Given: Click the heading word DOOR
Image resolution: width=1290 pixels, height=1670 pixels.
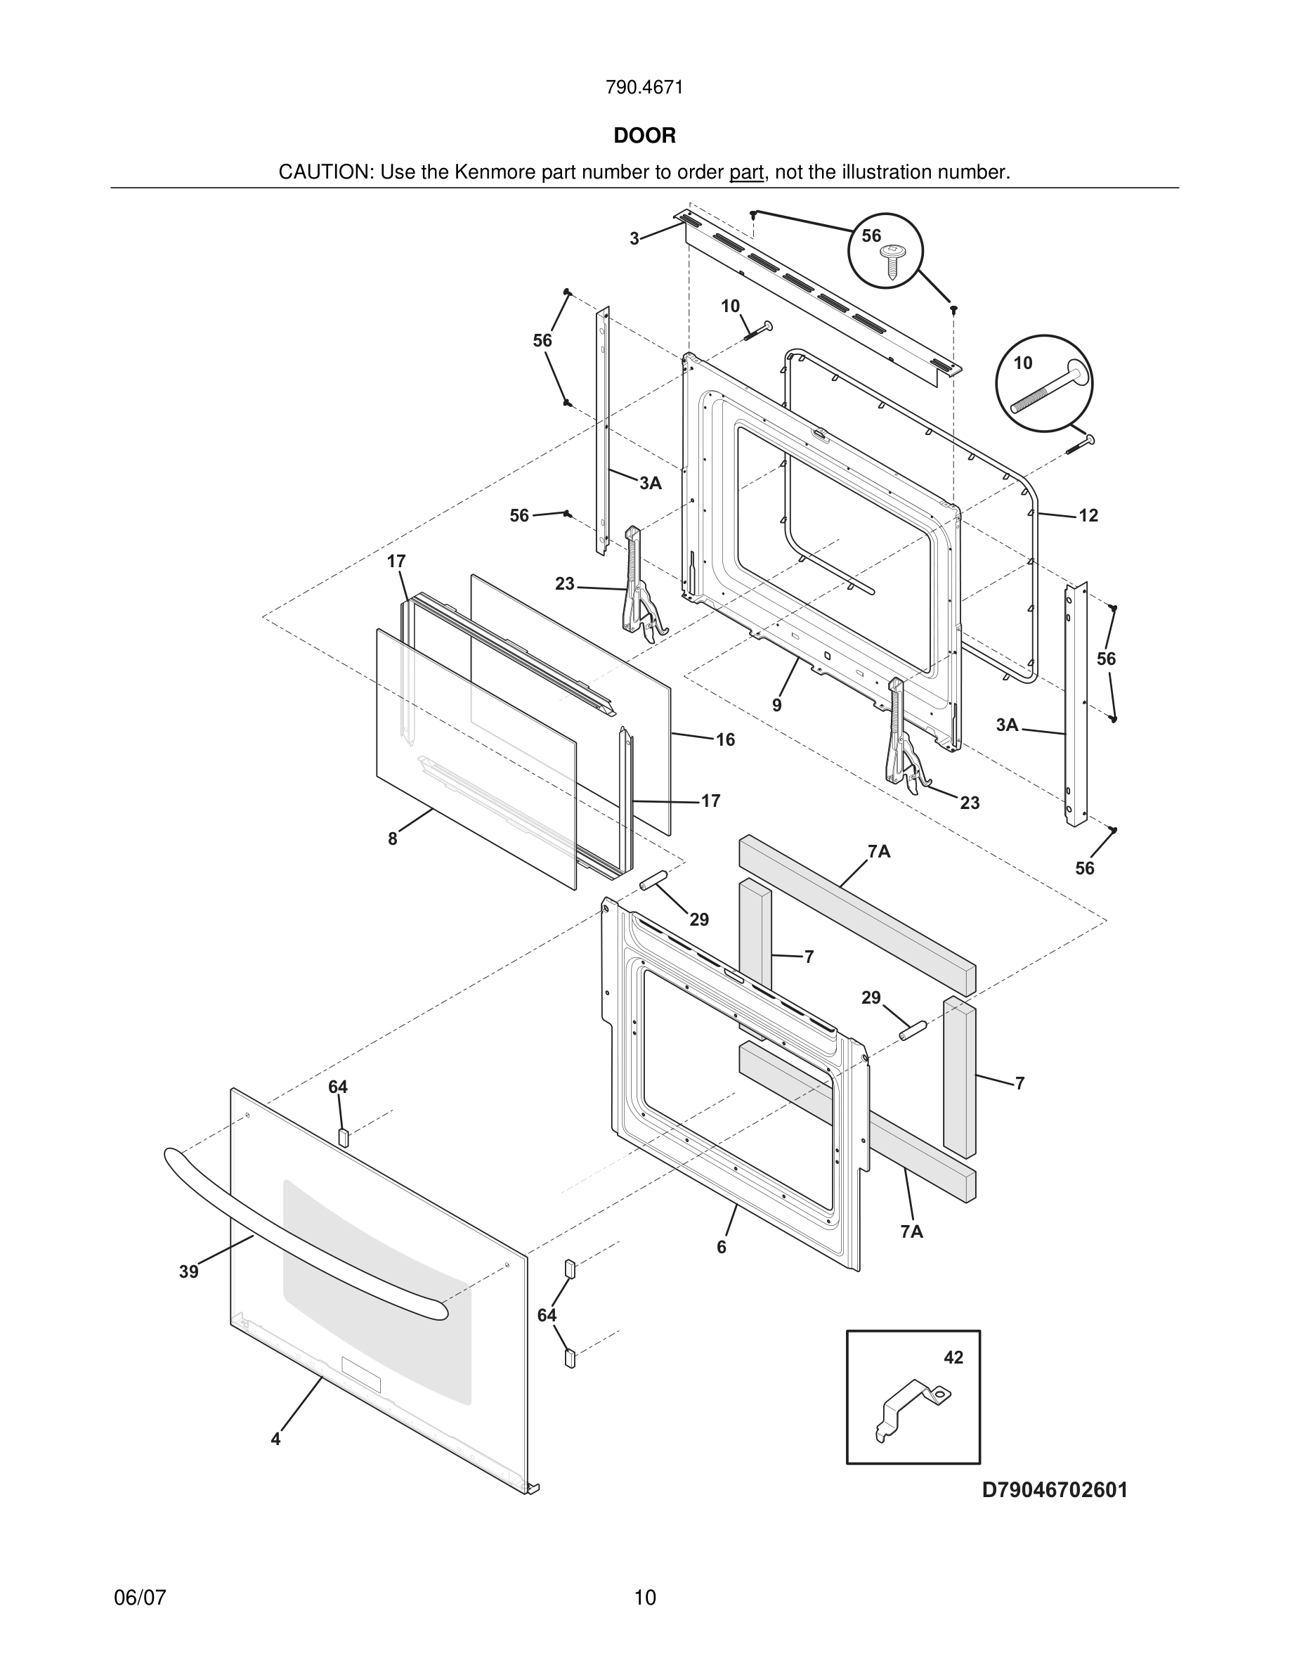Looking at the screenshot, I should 644,136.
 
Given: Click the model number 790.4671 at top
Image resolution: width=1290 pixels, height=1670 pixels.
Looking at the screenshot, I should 644,88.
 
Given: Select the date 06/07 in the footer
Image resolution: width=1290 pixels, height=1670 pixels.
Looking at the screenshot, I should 140,1598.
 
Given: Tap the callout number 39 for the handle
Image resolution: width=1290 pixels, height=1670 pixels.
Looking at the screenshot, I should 189,1271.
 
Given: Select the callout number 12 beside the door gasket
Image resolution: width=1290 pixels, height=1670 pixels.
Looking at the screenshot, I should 1088,515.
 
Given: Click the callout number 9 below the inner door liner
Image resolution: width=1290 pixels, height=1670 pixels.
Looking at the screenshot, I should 776,705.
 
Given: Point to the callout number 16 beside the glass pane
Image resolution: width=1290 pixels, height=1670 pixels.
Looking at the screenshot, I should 724,739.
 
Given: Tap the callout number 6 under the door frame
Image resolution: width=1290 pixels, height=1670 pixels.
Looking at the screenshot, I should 722,1247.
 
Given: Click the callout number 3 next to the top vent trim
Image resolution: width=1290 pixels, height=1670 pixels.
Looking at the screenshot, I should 634,238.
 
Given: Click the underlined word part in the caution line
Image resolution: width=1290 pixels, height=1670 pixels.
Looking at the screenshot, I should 746,173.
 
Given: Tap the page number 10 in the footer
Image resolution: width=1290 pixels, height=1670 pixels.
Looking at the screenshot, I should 645,1598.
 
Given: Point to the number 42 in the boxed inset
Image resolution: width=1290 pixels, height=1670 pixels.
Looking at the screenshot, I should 953,1357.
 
